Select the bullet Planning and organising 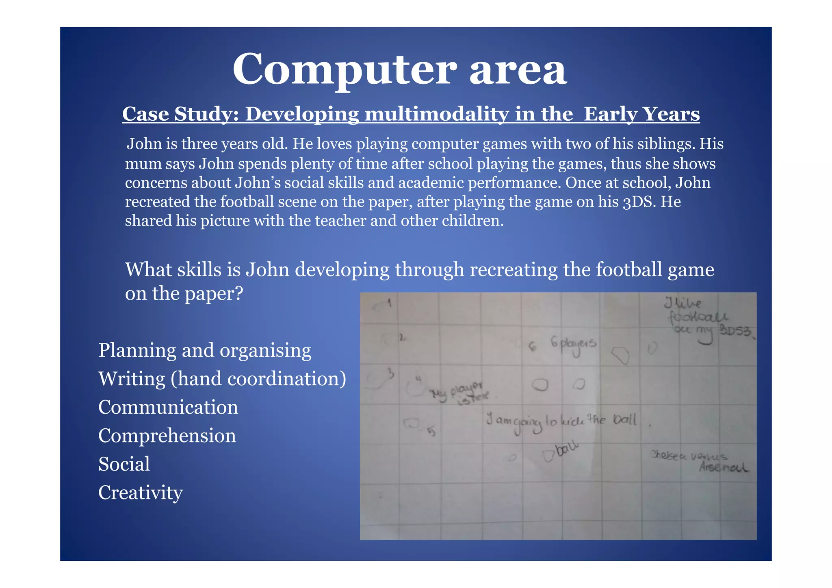[205, 350]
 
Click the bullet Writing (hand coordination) [222, 379]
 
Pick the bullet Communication [168, 407]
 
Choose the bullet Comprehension [167, 436]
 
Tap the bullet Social [124, 464]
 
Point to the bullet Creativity [141, 493]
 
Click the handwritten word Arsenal [724, 468]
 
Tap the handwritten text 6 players [573, 344]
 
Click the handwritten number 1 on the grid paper [389, 302]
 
